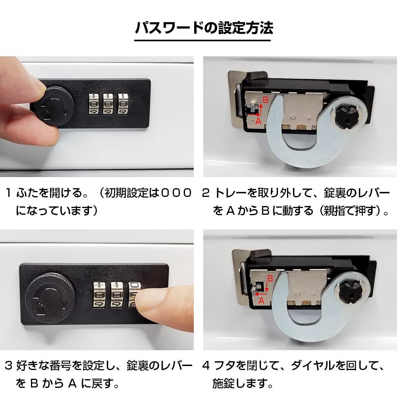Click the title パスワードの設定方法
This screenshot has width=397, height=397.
coord(204,27)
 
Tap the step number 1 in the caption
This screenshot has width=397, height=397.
coord(8,193)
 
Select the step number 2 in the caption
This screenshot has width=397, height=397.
coord(206,193)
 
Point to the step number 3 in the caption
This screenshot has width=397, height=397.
coord(8,366)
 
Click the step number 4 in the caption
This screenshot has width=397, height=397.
coord(206,366)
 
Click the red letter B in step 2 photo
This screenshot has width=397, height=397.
coord(265,100)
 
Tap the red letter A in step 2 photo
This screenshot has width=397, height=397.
coord(258,121)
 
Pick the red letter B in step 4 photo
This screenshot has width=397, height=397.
coord(270,279)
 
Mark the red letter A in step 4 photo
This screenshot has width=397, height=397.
coord(261,301)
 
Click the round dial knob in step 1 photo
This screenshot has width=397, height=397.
coord(54,106)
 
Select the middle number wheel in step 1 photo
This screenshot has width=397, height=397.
coord(108,104)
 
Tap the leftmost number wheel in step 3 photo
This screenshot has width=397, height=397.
coord(99,295)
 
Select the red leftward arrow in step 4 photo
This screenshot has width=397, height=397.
coord(261,294)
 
